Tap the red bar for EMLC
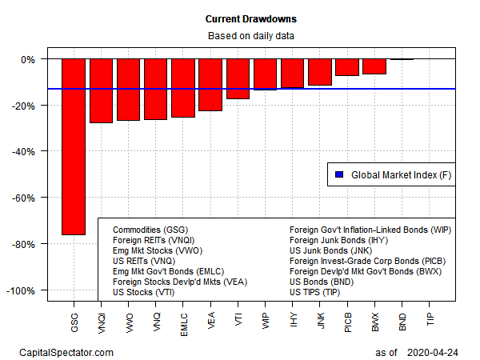[x=182, y=88]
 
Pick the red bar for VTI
[x=238, y=78]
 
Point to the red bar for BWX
[x=374, y=66]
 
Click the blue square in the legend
[x=338, y=174]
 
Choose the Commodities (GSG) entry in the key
[x=150, y=230]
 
